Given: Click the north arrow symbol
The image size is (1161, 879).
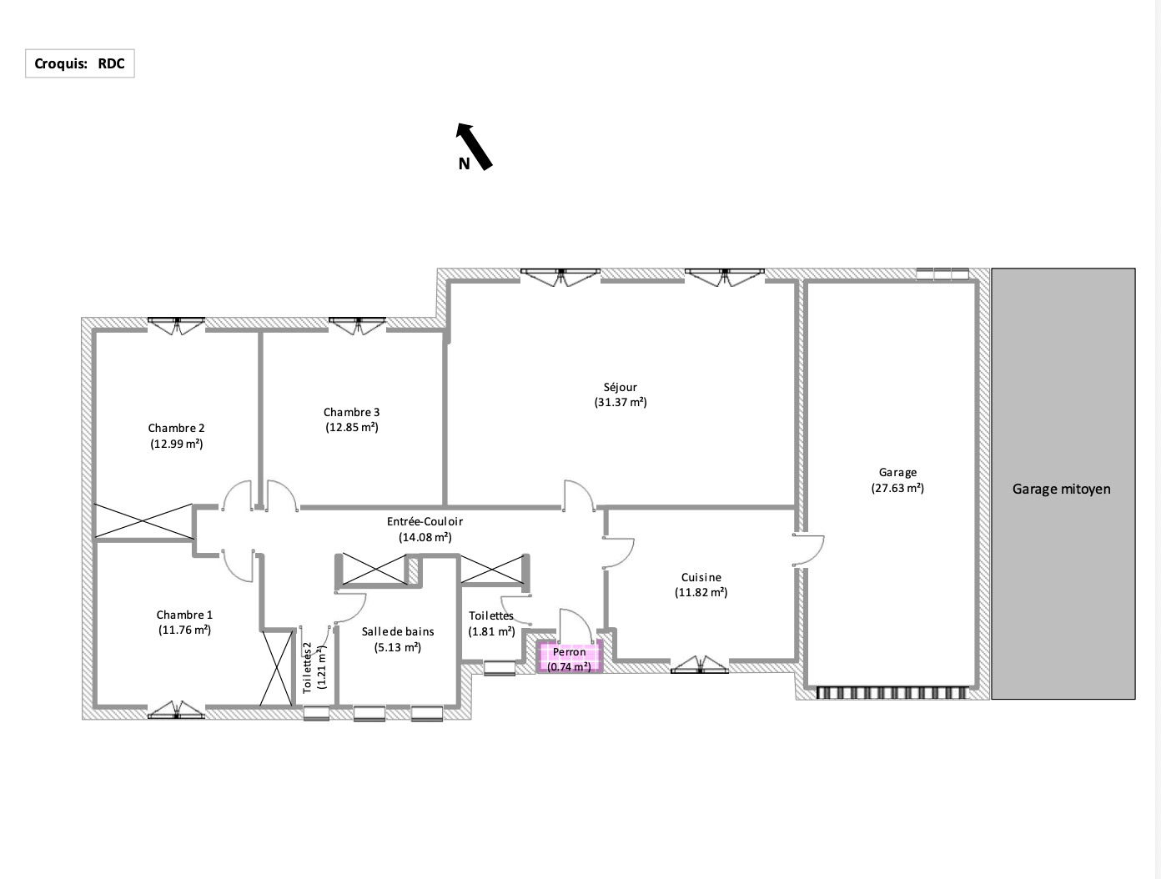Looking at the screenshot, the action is pyautogui.click(x=475, y=147).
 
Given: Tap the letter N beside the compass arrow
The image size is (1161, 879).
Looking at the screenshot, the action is pyautogui.click(x=464, y=164).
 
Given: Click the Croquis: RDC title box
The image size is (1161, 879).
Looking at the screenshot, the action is pyautogui.click(x=80, y=63).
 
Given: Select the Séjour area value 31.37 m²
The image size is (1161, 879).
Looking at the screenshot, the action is pyautogui.click(x=621, y=403).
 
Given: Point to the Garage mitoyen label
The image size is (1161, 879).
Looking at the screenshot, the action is pyautogui.click(x=1062, y=490).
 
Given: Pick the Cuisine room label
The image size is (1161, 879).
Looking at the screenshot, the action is pyautogui.click(x=701, y=577).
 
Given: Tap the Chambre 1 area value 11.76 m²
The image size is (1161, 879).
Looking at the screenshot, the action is pyautogui.click(x=184, y=630).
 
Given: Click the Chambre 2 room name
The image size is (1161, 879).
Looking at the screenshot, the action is pyautogui.click(x=176, y=428).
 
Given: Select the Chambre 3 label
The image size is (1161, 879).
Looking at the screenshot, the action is pyautogui.click(x=352, y=412).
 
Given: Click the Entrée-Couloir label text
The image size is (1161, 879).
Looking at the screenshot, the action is pyautogui.click(x=425, y=521).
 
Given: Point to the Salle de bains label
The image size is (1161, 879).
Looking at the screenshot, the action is pyautogui.click(x=398, y=631).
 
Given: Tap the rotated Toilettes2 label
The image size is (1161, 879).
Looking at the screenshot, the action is pyautogui.click(x=307, y=667).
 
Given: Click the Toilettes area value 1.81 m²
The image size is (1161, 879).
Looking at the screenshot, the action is pyautogui.click(x=491, y=631).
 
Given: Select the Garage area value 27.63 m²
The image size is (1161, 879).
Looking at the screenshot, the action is pyautogui.click(x=897, y=488).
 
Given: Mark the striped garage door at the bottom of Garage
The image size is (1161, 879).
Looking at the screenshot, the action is pyautogui.click(x=892, y=693).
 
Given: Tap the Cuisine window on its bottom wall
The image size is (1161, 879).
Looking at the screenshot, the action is pyautogui.click(x=700, y=665).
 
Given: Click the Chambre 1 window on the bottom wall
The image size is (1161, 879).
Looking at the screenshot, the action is pyautogui.click(x=176, y=710).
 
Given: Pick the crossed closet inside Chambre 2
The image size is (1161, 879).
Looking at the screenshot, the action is pyautogui.click(x=143, y=521).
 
